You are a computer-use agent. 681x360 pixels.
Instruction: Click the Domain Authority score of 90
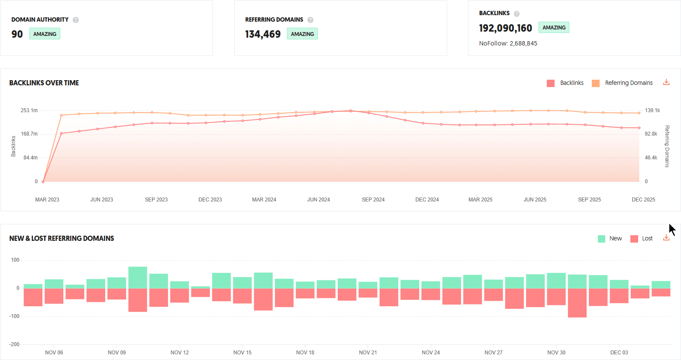pyautogui.click(x=17, y=34)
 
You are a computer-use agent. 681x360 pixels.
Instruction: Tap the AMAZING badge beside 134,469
pyautogui.click(x=302, y=34)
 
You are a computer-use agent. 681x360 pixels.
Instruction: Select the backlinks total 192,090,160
pyautogui.click(x=505, y=28)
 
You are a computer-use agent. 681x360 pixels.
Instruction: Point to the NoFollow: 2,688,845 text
pyautogui.click(x=508, y=43)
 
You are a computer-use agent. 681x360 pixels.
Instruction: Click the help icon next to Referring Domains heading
pyautogui.click(x=310, y=20)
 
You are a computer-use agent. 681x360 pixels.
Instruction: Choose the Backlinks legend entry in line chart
pyautogui.click(x=565, y=83)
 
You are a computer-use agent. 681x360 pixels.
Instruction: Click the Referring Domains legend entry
pyautogui.click(x=623, y=83)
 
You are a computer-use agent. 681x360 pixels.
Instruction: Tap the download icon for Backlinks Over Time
pyautogui.click(x=666, y=82)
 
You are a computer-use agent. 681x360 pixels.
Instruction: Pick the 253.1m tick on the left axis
pyautogui.click(x=29, y=110)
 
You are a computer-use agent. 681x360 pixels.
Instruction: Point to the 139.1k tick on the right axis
pyautogui.click(x=652, y=110)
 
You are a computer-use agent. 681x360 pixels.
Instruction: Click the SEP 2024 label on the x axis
pyautogui.click(x=373, y=200)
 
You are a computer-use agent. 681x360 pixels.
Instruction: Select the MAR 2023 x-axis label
pyautogui.click(x=47, y=200)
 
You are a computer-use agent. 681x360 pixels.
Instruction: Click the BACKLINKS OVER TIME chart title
pyautogui.click(x=44, y=83)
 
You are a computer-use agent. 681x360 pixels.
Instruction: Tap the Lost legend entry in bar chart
pyautogui.click(x=642, y=238)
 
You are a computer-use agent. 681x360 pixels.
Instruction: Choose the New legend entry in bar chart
pyautogui.click(x=610, y=238)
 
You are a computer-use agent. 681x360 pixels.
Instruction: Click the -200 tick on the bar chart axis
pyautogui.click(x=14, y=344)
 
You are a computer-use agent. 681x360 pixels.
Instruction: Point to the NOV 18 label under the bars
pyautogui.click(x=305, y=353)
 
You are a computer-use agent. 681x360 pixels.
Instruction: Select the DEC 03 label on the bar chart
pyautogui.click(x=619, y=353)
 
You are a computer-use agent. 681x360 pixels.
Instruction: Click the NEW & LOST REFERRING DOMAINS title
pyautogui.click(x=61, y=238)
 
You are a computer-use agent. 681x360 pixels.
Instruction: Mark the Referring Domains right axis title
pyautogui.click(x=667, y=146)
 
